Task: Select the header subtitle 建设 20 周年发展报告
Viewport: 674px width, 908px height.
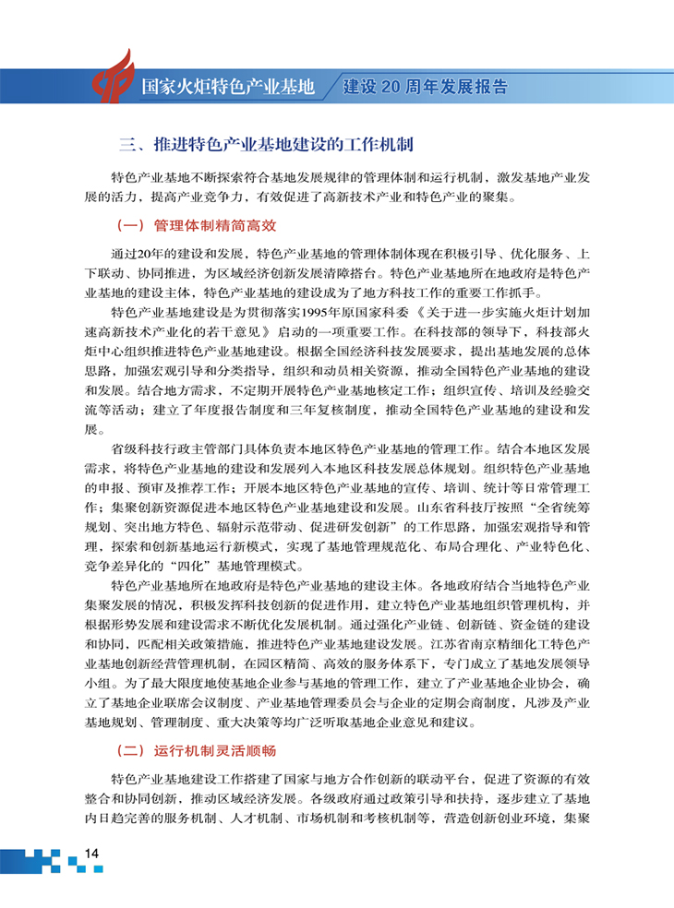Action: coord(425,88)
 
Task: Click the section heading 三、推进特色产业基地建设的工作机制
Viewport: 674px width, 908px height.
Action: coord(266,146)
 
